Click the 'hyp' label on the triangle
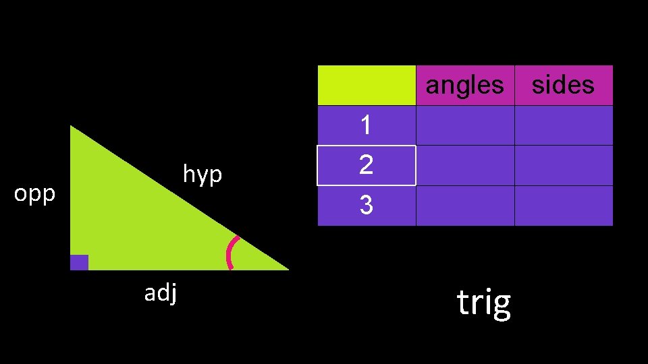(x=202, y=175)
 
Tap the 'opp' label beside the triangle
(x=34, y=194)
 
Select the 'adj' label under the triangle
(x=161, y=293)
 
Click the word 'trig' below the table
(x=483, y=303)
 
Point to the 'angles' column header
(x=464, y=85)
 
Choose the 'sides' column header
(x=563, y=85)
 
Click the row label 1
(x=366, y=125)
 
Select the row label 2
(x=366, y=165)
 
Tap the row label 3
(x=366, y=205)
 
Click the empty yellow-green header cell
(x=366, y=85)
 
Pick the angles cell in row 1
(x=464, y=125)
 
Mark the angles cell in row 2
(x=464, y=165)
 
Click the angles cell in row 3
(x=464, y=205)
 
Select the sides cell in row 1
(x=563, y=125)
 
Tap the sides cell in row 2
(x=563, y=165)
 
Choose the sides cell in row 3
(x=563, y=205)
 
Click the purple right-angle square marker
(x=79, y=262)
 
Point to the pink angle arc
(x=230, y=253)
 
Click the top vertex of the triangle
(x=72, y=127)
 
